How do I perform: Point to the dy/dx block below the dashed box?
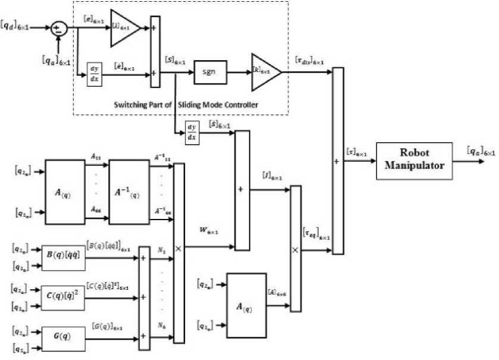192,132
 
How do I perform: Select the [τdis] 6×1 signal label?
309,62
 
